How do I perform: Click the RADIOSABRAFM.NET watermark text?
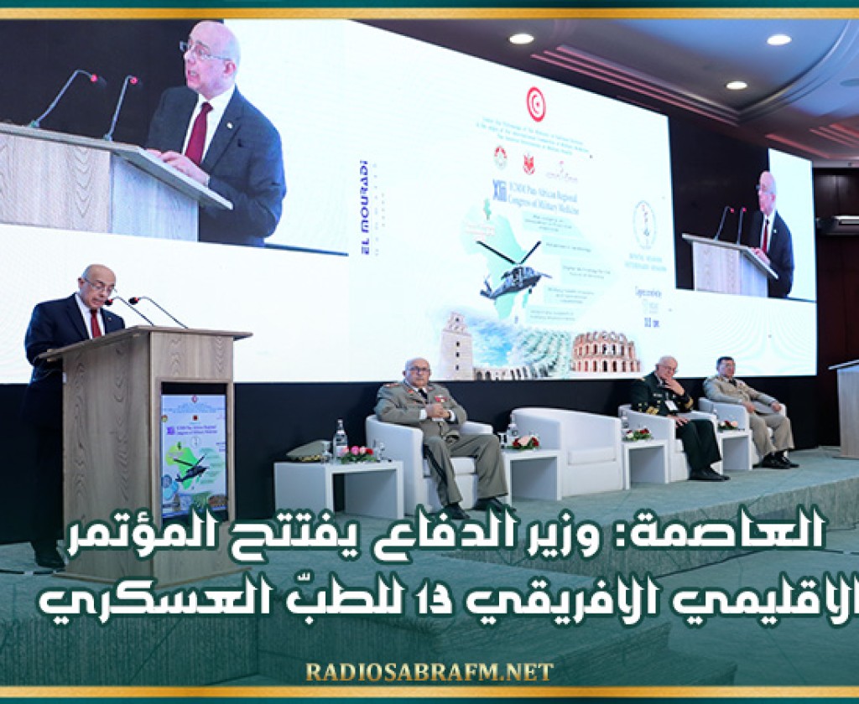coord(429,671)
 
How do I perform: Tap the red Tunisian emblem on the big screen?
coord(535,104)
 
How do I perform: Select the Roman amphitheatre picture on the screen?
coord(605,353)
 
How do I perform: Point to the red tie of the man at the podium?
coord(95,323)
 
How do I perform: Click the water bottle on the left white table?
coord(340,439)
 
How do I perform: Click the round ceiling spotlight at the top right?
coord(778,39)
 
